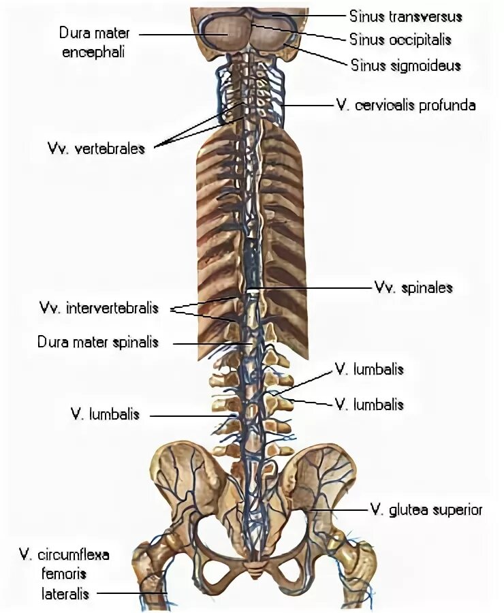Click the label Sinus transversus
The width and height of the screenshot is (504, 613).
(406, 16)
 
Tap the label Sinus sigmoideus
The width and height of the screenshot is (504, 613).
(406, 65)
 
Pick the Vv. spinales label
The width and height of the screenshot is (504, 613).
(413, 287)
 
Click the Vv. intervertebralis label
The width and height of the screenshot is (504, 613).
(99, 308)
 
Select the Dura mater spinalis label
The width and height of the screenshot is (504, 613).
(98, 341)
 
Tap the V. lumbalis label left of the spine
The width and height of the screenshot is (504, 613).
(105, 413)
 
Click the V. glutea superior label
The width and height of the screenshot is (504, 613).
(426, 509)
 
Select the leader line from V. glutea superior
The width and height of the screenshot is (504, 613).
(341, 509)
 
